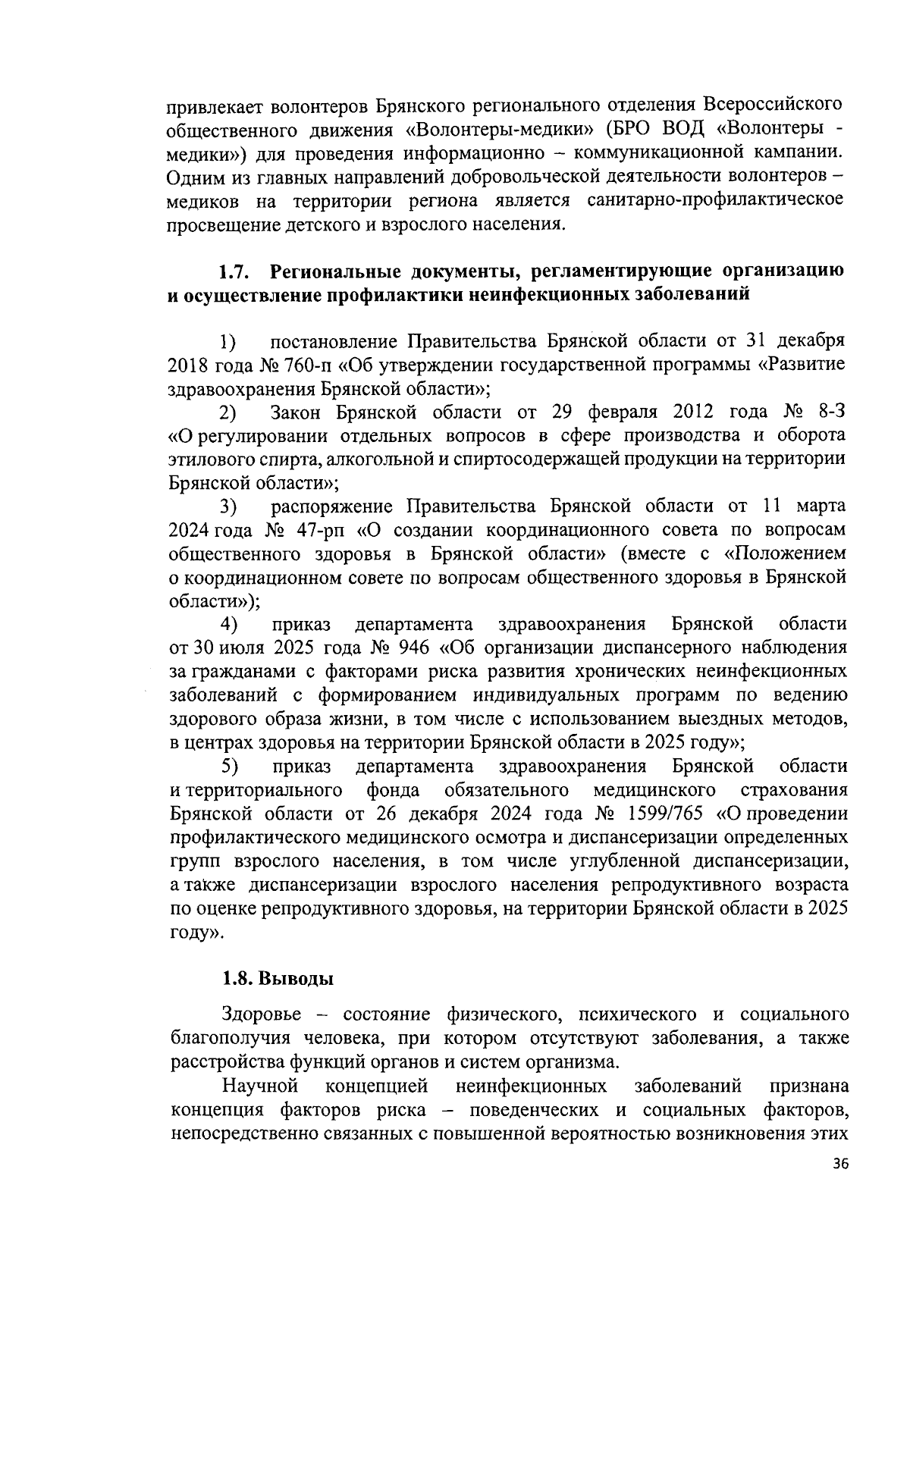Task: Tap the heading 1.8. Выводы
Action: [x=278, y=978]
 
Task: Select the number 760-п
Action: [x=306, y=365]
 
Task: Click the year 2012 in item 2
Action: [x=688, y=412]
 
